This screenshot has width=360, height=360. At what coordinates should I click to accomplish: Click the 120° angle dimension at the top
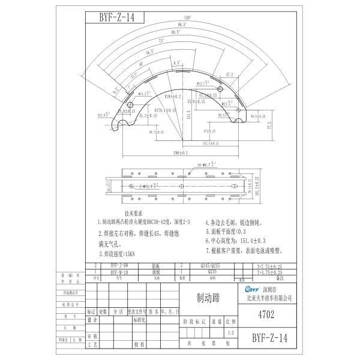[x=187, y=18]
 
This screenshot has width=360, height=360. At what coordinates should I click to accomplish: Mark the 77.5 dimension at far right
[x=269, y=127]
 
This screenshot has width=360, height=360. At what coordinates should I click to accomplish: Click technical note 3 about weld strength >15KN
[x=122, y=254]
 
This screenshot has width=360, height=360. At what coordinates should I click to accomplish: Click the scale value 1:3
[x=231, y=334]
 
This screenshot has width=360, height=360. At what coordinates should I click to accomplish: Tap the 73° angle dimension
[x=161, y=40]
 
